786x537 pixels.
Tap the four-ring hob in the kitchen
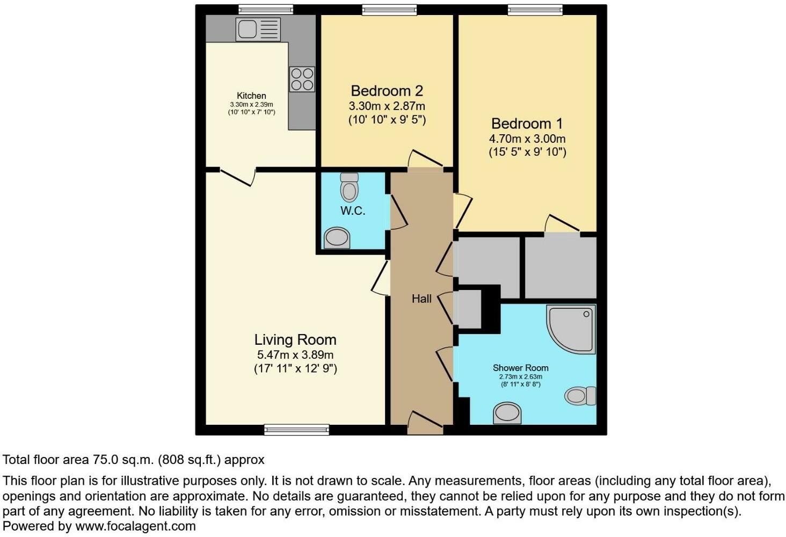pyautogui.click(x=302, y=79)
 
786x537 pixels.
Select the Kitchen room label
pyautogui.click(x=251, y=96)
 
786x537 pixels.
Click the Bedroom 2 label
pyautogui.click(x=387, y=91)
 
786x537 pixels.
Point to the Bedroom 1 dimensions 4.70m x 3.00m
pyautogui.click(x=527, y=139)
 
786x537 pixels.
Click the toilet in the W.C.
pyautogui.click(x=350, y=187)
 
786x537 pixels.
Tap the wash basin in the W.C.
pyautogui.click(x=337, y=237)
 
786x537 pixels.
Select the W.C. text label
pyautogui.click(x=353, y=211)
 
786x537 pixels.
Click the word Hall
pyautogui.click(x=421, y=299)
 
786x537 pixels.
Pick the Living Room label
pyautogui.click(x=295, y=339)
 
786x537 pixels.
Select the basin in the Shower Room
pyautogui.click(x=507, y=413)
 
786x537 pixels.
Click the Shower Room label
pyautogui.click(x=520, y=368)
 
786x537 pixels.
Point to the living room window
pyautogui.click(x=296, y=429)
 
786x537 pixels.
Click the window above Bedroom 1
pyautogui.click(x=535, y=9)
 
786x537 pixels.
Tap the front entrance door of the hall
pyautogui.click(x=425, y=422)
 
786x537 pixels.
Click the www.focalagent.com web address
pyautogui.click(x=135, y=526)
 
